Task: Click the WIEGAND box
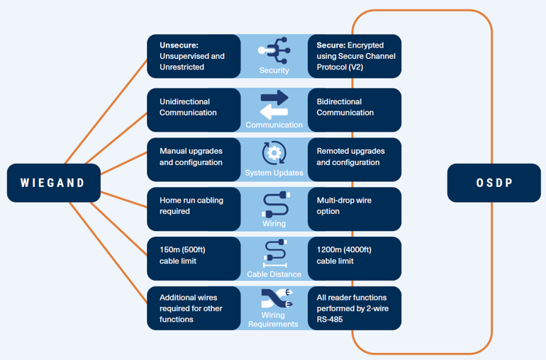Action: tap(54, 183)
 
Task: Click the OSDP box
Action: tap(494, 183)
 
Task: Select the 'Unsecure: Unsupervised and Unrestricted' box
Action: tap(194, 56)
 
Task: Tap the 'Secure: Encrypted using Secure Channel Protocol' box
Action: tap(355, 56)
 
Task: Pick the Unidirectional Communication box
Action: tap(194, 110)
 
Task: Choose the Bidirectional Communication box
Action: tap(355, 110)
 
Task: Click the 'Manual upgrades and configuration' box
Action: tap(194, 159)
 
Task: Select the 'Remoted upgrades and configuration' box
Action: tap(355, 159)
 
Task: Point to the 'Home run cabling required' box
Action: tap(194, 209)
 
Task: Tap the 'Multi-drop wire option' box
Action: tap(355, 209)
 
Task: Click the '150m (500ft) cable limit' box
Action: tap(194, 259)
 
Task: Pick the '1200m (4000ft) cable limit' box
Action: tap(355, 259)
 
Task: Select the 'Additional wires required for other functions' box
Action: tap(194, 308)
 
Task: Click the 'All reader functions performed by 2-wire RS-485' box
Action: tap(355, 308)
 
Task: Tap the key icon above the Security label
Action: tap(266, 51)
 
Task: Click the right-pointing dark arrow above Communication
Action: tap(274, 98)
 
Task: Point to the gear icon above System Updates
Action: tap(274, 153)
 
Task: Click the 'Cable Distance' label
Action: tap(274, 274)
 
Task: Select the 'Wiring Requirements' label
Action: tap(273, 320)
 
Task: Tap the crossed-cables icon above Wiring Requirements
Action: tap(277, 298)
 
